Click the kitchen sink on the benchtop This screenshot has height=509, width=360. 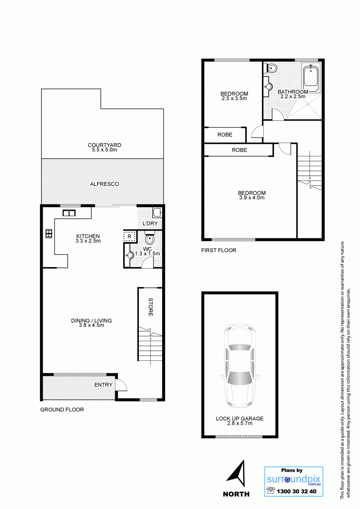point(69,213)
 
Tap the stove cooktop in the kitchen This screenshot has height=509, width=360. point(49,234)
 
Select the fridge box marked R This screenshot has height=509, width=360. point(130,236)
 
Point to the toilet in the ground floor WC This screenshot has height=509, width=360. point(150,238)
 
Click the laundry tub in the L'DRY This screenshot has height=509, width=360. point(157,213)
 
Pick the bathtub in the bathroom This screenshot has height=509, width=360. point(311,77)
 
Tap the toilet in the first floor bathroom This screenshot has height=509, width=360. point(271,68)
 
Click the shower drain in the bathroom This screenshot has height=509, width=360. point(308,104)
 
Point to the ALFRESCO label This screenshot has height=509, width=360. point(104,184)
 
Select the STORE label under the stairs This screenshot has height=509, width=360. point(151,307)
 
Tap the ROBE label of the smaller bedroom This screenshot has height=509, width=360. point(225,135)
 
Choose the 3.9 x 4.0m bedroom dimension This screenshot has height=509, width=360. point(252,198)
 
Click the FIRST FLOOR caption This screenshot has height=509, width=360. point(219,250)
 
